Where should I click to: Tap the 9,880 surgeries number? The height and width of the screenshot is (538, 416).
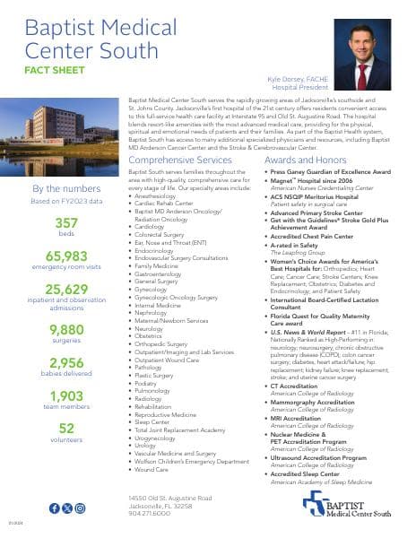pos(65,330)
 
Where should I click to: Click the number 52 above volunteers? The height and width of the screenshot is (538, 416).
pos(65,428)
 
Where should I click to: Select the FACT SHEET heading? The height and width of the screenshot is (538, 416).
pos(55,67)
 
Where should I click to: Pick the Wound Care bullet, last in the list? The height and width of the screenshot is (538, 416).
pos(152,468)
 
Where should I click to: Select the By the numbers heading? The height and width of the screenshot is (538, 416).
pos(65,188)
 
